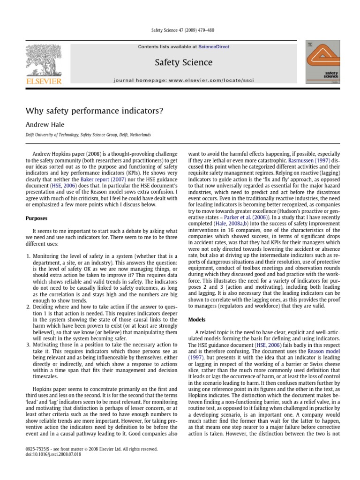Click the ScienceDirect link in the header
point(214,47)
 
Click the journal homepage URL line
point(183,80)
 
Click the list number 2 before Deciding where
point(27,305)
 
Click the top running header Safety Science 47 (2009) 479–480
point(180,29)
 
